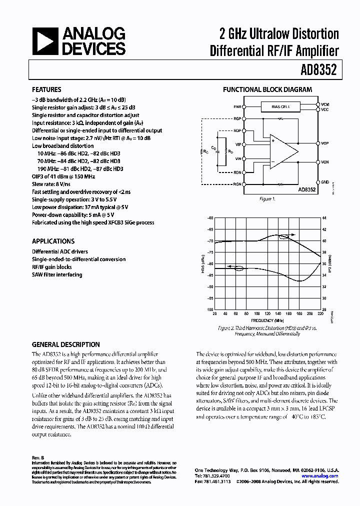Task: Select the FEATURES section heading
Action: [x=46, y=90]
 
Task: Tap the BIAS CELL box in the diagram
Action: [x=279, y=106]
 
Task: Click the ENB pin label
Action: [x=236, y=106]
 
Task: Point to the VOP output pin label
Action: [x=324, y=143]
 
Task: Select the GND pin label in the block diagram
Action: [x=324, y=182]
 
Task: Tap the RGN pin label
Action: [x=236, y=183]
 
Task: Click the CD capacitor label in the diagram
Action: [x=213, y=148]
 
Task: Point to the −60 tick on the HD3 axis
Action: [x=210, y=218]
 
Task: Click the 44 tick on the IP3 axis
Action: [x=324, y=218]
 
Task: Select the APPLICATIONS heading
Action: [x=53, y=241]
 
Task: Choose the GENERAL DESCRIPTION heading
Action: [x=65, y=344]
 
